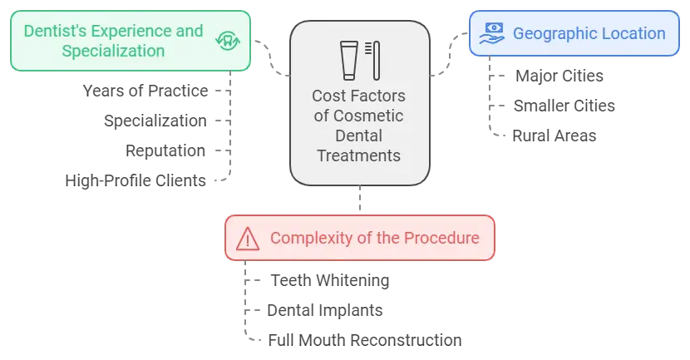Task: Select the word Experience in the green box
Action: click(x=130, y=32)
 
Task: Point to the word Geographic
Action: click(x=550, y=33)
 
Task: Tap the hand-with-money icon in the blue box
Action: click(x=490, y=33)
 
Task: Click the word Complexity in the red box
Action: click(x=308, y=238)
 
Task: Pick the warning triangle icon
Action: click(x=247, y=239)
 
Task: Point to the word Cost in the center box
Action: click(x=327, y=96)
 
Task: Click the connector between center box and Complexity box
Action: click(x=362, y=200)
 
